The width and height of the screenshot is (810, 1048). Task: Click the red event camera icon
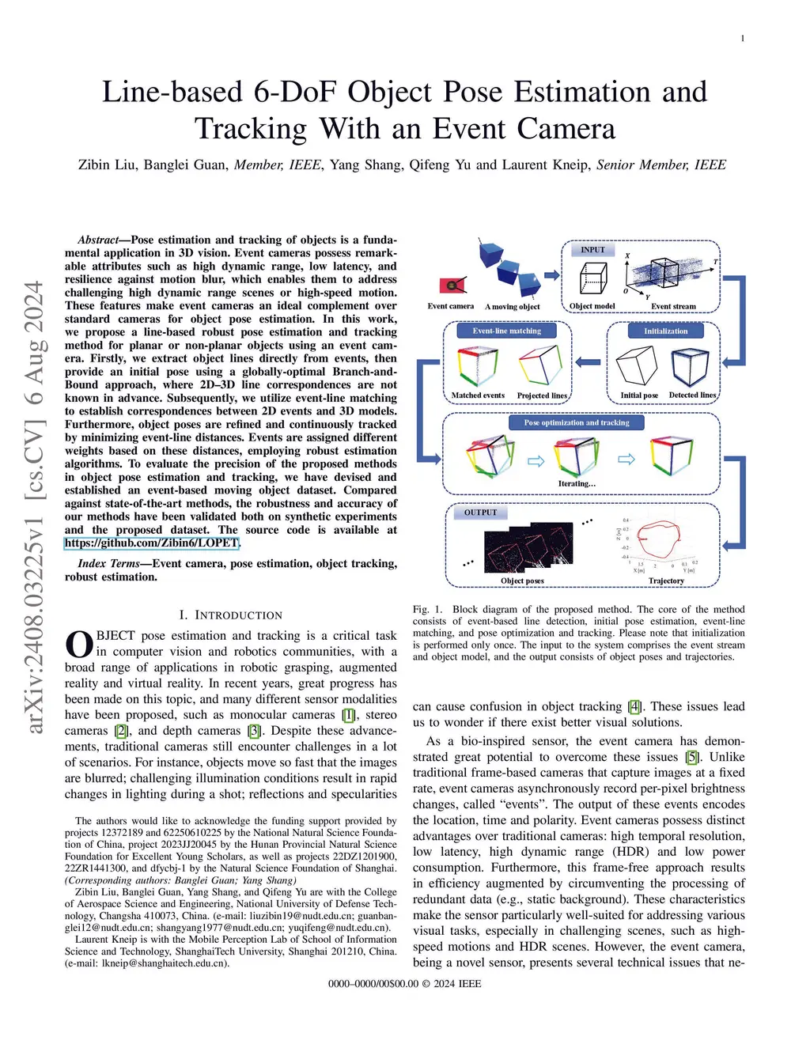click(x=452, y=286)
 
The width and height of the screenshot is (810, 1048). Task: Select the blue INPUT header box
click(x=592, y=250)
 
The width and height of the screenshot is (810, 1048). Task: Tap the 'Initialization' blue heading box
click(x=665, y=331)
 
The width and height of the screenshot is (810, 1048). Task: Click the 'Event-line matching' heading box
click(x=507, y=331)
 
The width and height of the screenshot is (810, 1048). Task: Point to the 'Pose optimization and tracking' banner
click(x=577, y=422)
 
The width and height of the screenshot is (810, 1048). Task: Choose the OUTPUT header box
click(x=480, y=513)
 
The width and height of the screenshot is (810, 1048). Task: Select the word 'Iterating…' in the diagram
click(x=577, y=483)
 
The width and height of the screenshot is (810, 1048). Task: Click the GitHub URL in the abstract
click(x=152, y=543)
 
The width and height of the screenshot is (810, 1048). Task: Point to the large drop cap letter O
click(x=79, y=644)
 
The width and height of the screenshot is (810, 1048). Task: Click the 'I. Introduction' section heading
click(x=230, y=615)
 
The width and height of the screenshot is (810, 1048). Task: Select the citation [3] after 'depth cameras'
click(x=254, y=731)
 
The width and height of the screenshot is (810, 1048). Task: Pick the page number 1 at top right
click(x=743, y=39)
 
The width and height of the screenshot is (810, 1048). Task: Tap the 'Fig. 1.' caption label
click(x=428, y=610)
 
